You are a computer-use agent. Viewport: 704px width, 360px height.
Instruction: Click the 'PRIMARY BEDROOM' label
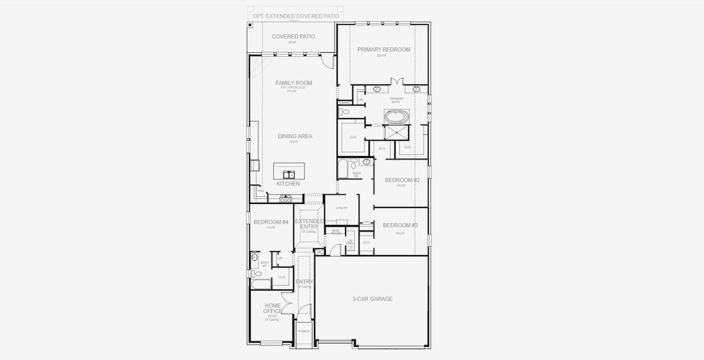click(384, 50)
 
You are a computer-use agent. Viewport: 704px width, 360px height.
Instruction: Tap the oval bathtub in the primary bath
click(396, 116)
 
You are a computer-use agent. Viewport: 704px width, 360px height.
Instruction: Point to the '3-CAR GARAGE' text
click(372, 299)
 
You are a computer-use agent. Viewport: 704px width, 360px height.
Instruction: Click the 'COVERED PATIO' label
click(293, 37)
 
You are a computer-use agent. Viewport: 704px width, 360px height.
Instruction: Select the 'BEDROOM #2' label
click(402, 180)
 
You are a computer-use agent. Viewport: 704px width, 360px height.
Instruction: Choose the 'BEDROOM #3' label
click(400, 225)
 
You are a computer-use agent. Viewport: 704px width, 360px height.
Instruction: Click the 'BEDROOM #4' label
click(271, 222)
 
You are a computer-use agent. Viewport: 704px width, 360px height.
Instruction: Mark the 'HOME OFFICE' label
click(272, 308)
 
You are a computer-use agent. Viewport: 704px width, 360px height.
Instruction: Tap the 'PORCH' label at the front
click(304, 331)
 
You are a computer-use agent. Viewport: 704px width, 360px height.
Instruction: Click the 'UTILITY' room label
click(341, 208)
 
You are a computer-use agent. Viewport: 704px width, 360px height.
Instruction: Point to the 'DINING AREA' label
click(295, 136)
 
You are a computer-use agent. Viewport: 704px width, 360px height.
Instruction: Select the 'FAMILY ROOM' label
click(294, 83)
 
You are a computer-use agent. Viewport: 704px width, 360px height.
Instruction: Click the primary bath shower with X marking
click(396, 133)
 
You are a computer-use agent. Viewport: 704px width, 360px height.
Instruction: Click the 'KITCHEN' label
click(288, 184)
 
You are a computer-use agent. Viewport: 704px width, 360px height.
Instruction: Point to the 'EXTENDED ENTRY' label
click(309, 224)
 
